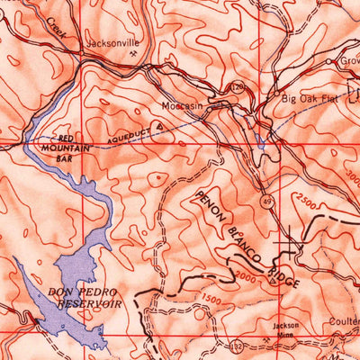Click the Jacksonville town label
[x=113, y=41]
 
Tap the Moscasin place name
[x=183, y=104]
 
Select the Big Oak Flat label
[x=310, y=98]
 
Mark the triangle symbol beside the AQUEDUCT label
[x=159, y=127]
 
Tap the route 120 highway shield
[x=237, y=87]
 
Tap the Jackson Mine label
[x=287, y=328]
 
